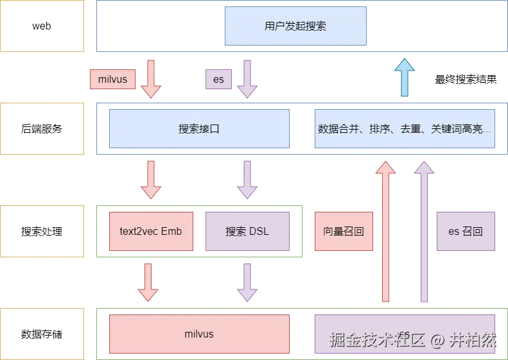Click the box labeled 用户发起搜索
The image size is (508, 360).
pyautogui.click(x=295, y=26)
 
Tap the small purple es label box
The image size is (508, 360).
pyautogui.click(x=219, y=80)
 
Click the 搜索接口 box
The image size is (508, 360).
pyautogui.click(x=199, y=128)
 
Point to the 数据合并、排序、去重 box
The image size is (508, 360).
pyautogui.click(x=404, y=128)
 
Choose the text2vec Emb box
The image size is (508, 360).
pyautogui.click(x=151, y=231)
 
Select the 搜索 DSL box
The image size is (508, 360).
pyautogui.click(x=247, y=231)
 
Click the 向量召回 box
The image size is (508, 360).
pyautogui.click(x=344, y=231)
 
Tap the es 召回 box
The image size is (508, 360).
pyautogui.click(x=466, y=231)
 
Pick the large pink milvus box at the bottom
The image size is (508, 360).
pyautogui.click(x=199, y=334)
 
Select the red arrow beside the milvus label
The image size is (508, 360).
pyautogui.click(x=151, y=79)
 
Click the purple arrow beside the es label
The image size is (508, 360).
pyautogui.click(x=247, y=79)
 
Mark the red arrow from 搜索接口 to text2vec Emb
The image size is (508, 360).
pyautogui.click(x=151, y=180)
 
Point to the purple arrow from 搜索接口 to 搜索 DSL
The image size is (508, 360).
pyautogui.click(x=247, y=180)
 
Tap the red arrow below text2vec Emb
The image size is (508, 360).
pyautogui.click(x=148, y=282)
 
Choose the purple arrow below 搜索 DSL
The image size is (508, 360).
pyautogui.click(x=247, y=282)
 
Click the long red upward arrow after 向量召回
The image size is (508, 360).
pyautogui.click(x=385, y=231)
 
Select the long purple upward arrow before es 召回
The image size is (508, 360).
pyautogui.click(x=423, y=231)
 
